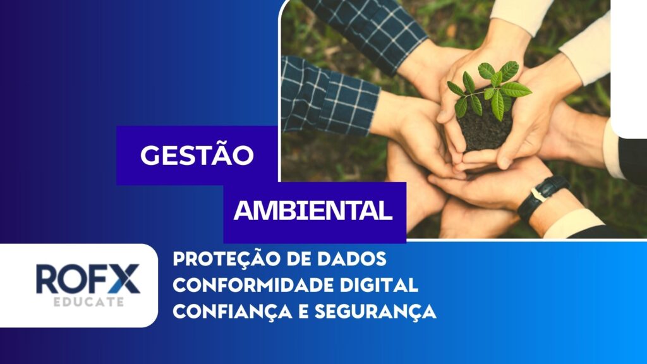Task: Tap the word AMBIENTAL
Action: (x=313, y=210)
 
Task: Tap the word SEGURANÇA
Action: (x=375, y=312)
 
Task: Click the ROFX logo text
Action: (x=88, y=279)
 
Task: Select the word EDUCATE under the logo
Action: (x=88, y=301)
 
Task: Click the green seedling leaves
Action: (x=490, y=88)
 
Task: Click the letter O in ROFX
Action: (x=75, y=279)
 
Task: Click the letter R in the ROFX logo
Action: (x=47, y=279)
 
